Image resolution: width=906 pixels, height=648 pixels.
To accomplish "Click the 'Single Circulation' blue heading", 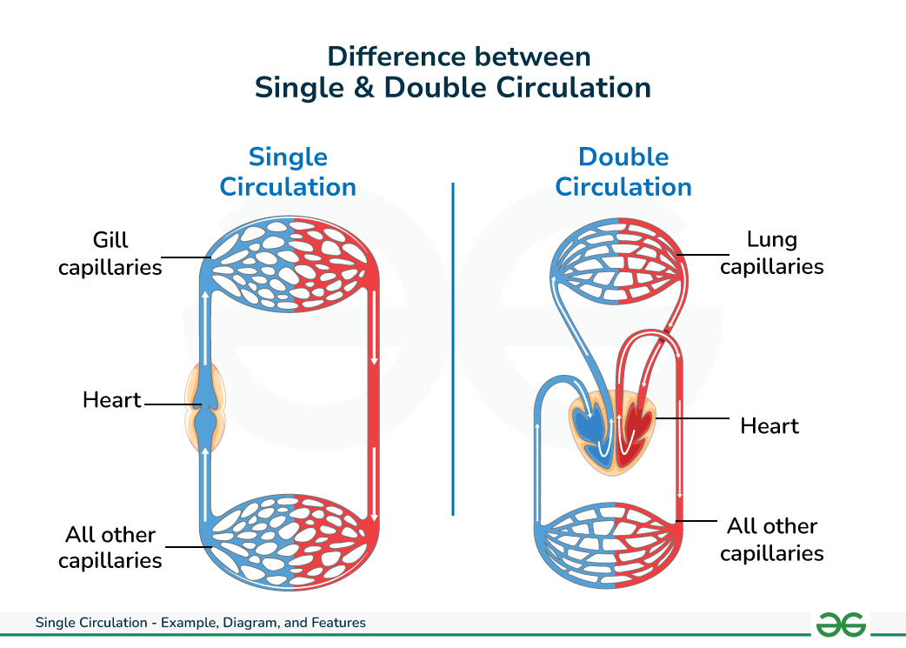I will click(x=288, y=172).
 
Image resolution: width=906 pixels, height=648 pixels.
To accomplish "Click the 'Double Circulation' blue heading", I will click(x=623, y=172).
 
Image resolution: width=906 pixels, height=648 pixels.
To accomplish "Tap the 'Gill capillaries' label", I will click(x=110, y=253).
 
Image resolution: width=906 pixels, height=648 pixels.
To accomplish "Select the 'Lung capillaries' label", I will click(x=772, y=252).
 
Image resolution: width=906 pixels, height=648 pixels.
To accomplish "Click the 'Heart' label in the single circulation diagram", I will click(x=111, y=400).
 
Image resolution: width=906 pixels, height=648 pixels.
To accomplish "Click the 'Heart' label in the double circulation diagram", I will click(x=769, y=425).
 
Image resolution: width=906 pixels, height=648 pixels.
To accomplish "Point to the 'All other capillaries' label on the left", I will click(x=110, y=547).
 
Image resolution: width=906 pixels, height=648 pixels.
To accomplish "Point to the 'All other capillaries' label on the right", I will click(x=772, y=539).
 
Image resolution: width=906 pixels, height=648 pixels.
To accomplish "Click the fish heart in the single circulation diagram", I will click(x=205, y=408).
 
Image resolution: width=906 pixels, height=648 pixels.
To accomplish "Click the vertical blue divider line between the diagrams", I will click(x=453, y=348).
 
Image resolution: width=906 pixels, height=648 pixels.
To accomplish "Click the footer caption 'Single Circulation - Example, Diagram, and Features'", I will click(x=201, y=623).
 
